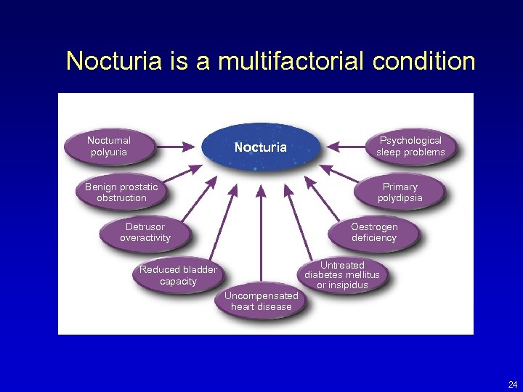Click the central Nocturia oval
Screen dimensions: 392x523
point(261,147)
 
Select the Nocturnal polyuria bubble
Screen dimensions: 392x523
point(109,147)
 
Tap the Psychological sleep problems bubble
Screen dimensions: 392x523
point(410,147)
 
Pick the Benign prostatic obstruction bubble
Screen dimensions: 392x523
point(121,192)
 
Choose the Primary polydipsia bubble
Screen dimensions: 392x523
point(400,192)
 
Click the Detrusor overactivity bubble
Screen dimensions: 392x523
point(145,232)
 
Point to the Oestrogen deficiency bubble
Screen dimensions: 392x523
point(374,232)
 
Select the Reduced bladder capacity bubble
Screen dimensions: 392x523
point(178,275)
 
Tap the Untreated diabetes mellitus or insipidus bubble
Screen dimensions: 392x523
point(341,275)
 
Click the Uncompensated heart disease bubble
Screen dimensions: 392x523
point(261,301)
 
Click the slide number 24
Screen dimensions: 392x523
point(513,384)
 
